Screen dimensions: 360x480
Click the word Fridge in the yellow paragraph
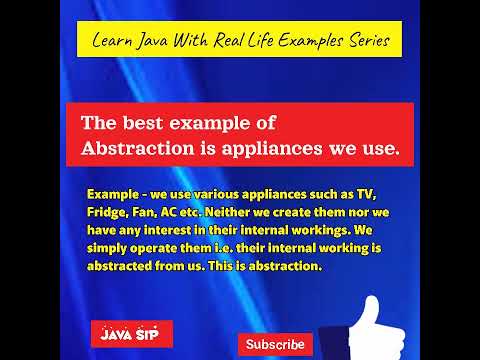[x=107, y=213]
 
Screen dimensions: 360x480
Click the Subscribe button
[x=275, y=344]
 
